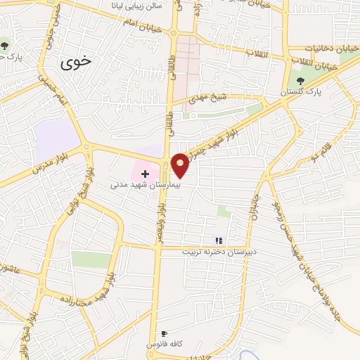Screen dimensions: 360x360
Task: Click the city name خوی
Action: click(x=76, y=62)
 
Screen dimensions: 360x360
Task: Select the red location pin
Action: click(x=180, y=165)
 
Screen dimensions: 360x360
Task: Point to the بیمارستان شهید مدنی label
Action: click(x=147, y=186)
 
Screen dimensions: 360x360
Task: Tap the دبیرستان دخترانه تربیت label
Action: click(x=220, y=251)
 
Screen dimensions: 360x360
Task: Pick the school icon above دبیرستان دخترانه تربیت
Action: click(x=218, y=240)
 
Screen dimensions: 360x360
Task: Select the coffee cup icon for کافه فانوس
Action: click(x=164, y=333)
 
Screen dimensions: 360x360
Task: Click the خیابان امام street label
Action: click(x=147, y=25)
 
